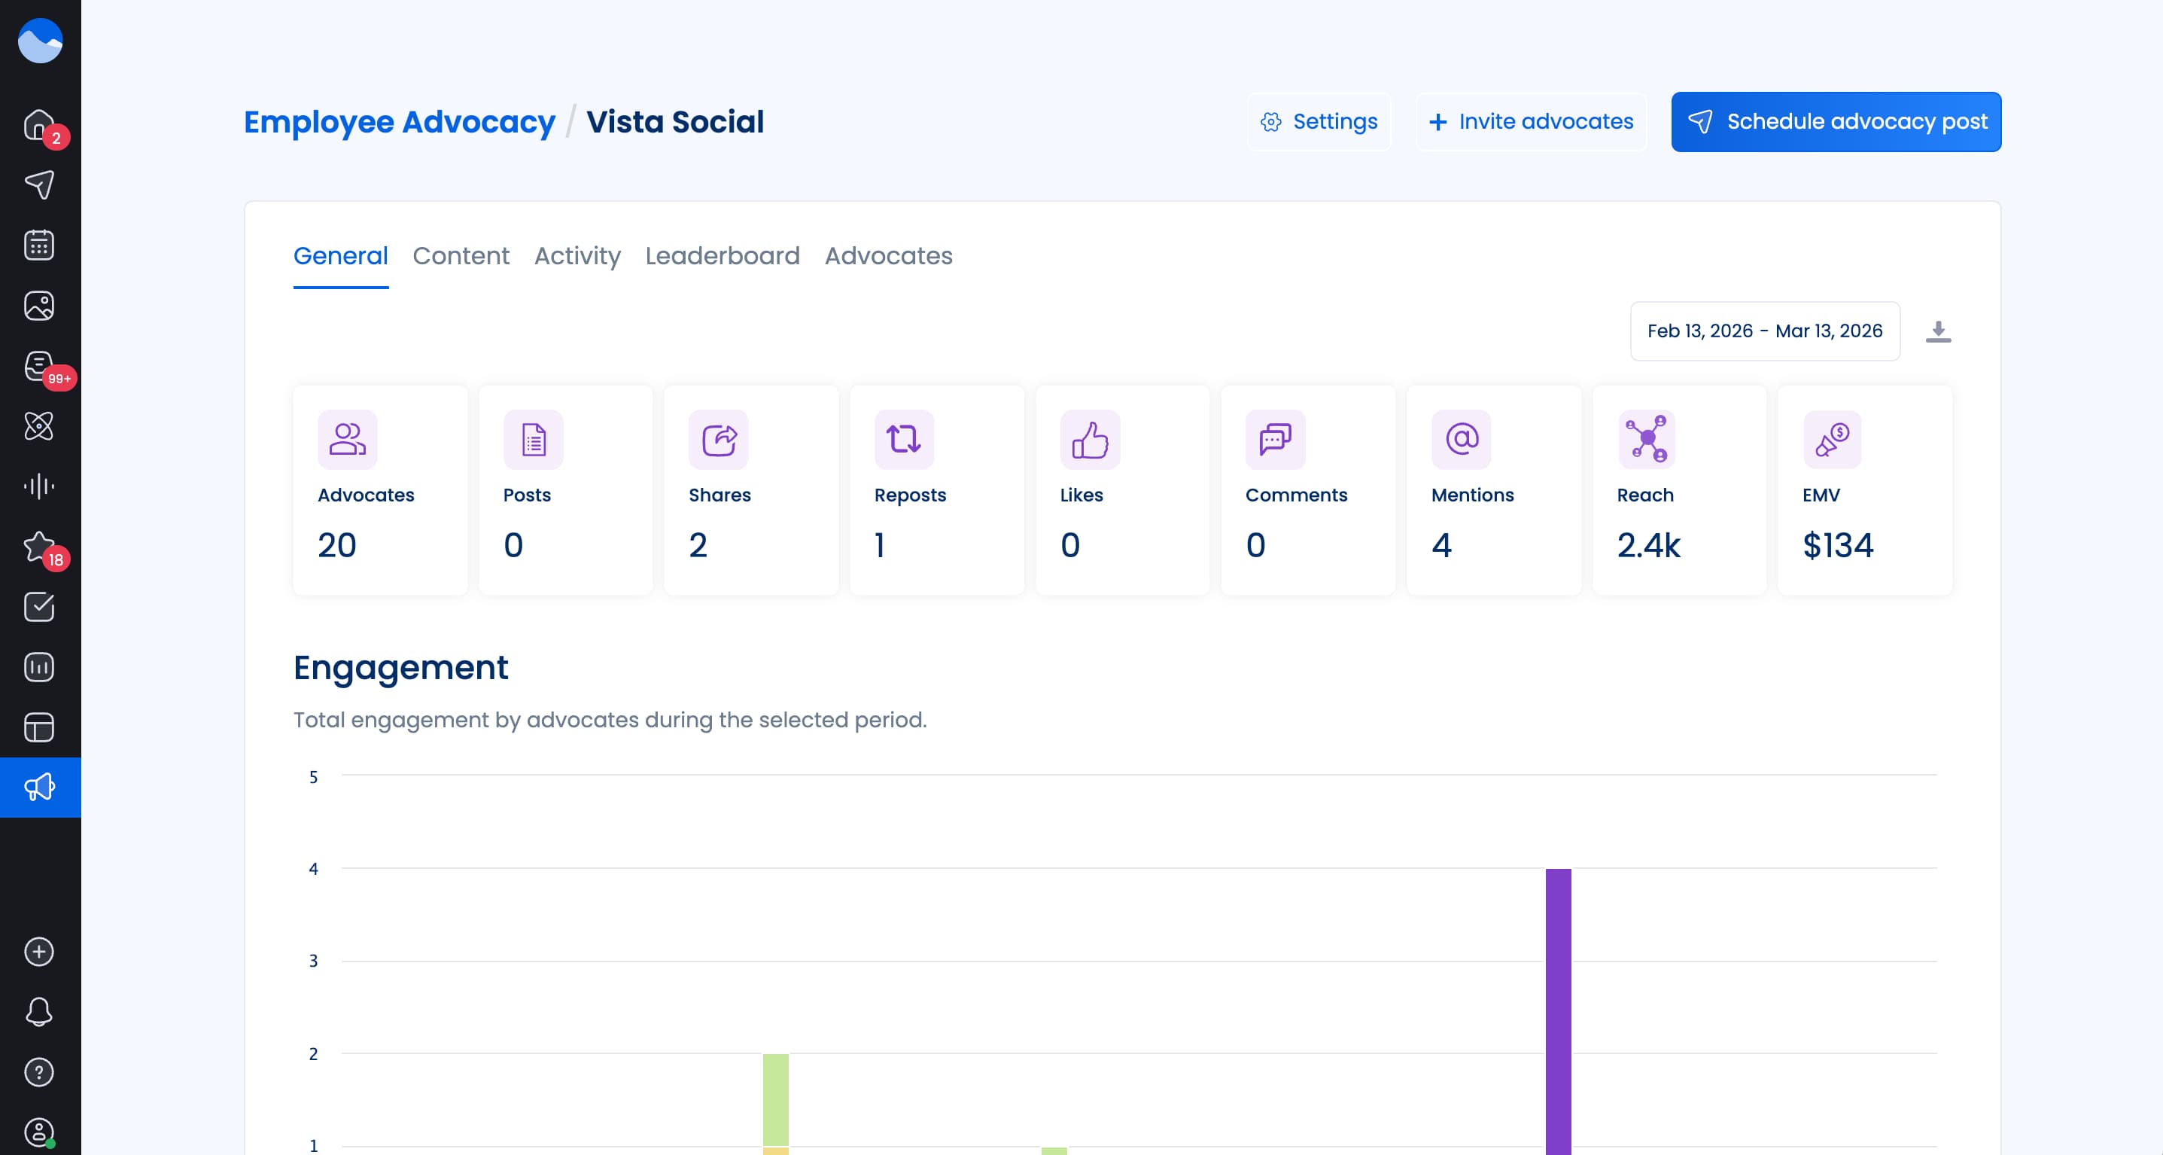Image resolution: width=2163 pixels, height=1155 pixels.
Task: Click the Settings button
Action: [x=1319, y=122]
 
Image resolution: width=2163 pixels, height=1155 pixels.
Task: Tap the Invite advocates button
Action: [x=1531, y=122]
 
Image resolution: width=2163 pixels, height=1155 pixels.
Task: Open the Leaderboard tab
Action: [x=722, y=255]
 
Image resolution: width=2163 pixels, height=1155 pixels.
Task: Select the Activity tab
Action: [x=578, y=255]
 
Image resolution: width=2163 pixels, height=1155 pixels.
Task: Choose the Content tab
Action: [x=461, y=255]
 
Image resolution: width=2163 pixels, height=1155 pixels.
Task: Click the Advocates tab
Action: [x=888, y=255]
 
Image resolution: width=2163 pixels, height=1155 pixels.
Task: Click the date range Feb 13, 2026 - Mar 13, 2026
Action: [x=1764, y=331]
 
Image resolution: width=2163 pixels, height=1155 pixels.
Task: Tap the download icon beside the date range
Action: [x=1938, y=331]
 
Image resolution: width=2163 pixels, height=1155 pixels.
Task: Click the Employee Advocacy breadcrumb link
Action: [x=400, y=122]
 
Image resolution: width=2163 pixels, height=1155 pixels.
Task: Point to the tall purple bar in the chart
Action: [x=1558, y=1008]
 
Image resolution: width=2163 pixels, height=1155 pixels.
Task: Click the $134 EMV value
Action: [x=1837, y=545]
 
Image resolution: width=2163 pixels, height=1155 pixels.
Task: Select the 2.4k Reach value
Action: [x=1648, y=545]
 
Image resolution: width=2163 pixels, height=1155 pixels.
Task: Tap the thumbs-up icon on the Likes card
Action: [x=1090, y=439]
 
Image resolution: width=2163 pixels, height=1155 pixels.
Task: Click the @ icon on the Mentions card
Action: [x=1461, y=439]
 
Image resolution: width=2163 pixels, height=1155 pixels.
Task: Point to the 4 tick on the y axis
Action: [x=313, y=869]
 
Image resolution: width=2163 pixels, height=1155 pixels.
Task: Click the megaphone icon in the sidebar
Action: [x=39, y=787]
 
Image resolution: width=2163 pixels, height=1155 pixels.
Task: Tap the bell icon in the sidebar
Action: [x=39, y=1011]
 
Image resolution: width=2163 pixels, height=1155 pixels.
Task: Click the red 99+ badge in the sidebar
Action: [x=59, y=378]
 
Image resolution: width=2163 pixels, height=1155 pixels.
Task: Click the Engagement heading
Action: [x=400, y=668]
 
